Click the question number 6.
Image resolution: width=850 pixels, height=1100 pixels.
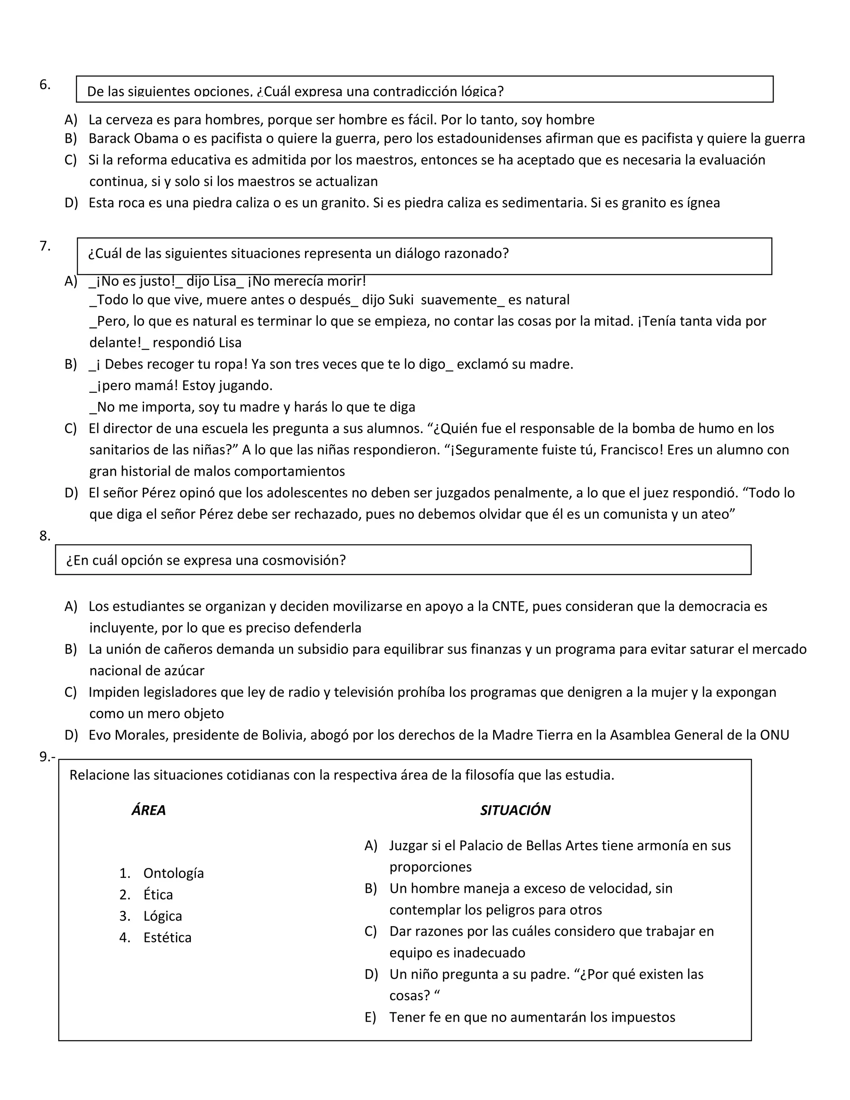point(44,85)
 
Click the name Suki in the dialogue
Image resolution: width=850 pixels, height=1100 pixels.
point(401,300)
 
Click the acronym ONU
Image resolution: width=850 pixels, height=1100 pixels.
point(774,736)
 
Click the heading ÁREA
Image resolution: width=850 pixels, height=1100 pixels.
point(149,810)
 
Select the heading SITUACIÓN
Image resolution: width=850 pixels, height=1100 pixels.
point(515,810)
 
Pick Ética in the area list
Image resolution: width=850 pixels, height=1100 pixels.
point(158,895)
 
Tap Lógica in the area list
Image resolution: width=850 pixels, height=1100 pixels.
point(162,916)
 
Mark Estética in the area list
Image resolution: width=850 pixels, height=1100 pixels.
point(167,938)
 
